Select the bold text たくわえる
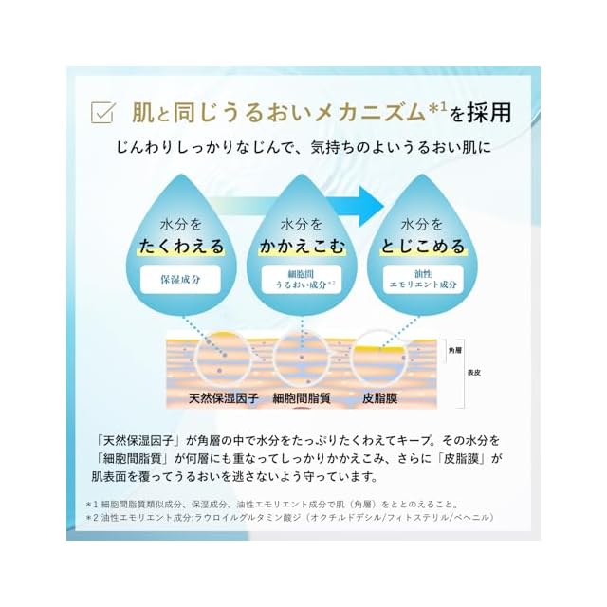coord(181,247)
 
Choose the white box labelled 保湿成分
coord(181,281)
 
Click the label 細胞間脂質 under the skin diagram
coord(305,399)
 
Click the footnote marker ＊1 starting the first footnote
coord(91,504)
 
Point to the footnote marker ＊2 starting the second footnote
coord(91,519)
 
